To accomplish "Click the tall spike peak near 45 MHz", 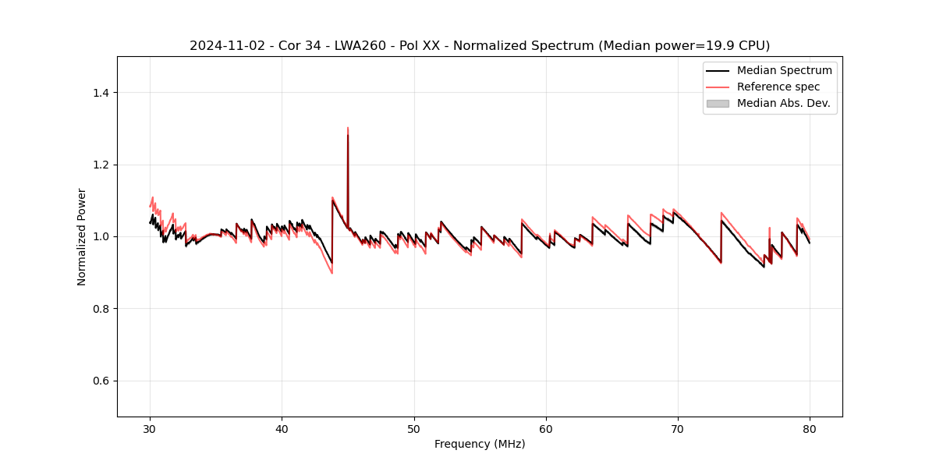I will [348, 128].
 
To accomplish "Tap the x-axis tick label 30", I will [150, 429].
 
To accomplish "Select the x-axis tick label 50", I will [413, 429].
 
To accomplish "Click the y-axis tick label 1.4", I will [101, 93].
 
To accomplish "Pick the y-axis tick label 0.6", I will [101, 381].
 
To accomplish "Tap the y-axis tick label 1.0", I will [101, 236].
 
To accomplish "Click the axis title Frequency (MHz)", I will [480, 444].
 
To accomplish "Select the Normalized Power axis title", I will [82, 236].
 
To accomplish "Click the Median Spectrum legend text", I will [784, 70].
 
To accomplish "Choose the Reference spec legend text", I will [778, 87].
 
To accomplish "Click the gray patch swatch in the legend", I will [718, 103].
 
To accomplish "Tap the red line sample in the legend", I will [718, 87].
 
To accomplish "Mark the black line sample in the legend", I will [718, 70].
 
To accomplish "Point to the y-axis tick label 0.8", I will [101, 309].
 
